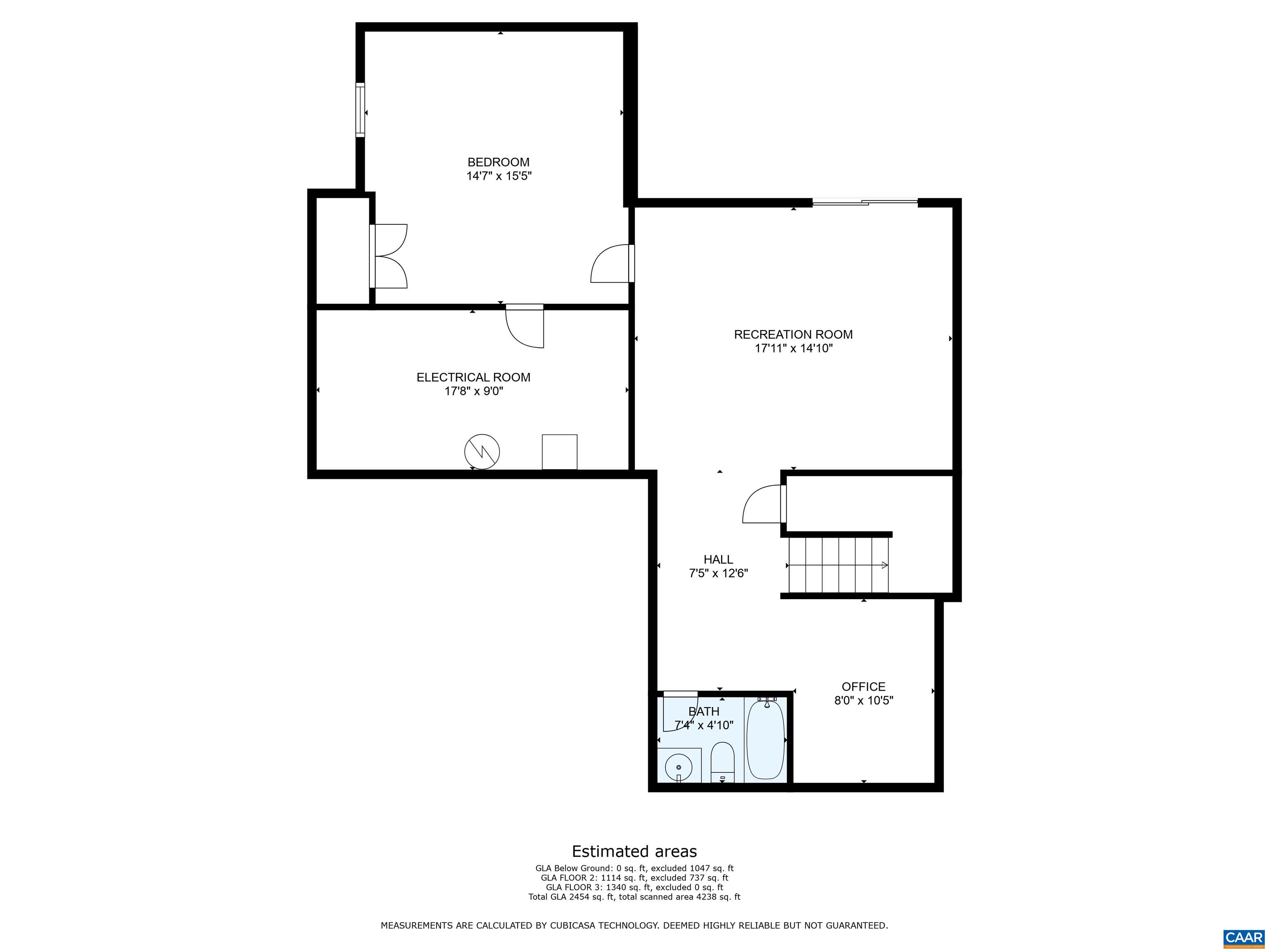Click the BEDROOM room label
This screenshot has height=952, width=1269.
[498, 162]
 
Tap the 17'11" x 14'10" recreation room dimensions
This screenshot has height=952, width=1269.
[794, 348]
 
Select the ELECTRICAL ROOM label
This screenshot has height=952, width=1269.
[473, 378]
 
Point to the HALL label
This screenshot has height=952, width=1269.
[718, 559]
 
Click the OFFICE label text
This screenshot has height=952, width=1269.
[863, 687]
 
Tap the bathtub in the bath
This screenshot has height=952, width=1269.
[765, 740]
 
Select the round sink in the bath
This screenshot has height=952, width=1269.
[679, 767]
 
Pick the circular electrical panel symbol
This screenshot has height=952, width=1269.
[482, 452]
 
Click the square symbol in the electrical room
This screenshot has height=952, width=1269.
[559, 452]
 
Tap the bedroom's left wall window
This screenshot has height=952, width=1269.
[360, 109]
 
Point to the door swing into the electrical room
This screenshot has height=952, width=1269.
[524, 326]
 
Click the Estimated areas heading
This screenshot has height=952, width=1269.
[634, 851]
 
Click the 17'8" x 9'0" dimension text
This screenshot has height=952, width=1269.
[474, 391]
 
